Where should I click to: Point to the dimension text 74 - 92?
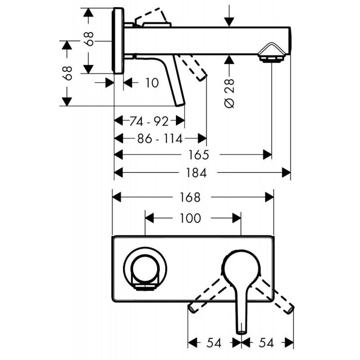point(148,121)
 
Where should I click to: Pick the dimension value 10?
point(153,83)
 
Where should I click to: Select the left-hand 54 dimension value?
point(214,343)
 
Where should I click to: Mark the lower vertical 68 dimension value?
point(67,73)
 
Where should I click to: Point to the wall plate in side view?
point(118,40)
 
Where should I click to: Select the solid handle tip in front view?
point(241,330)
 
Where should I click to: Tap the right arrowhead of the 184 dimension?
point(287,172)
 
